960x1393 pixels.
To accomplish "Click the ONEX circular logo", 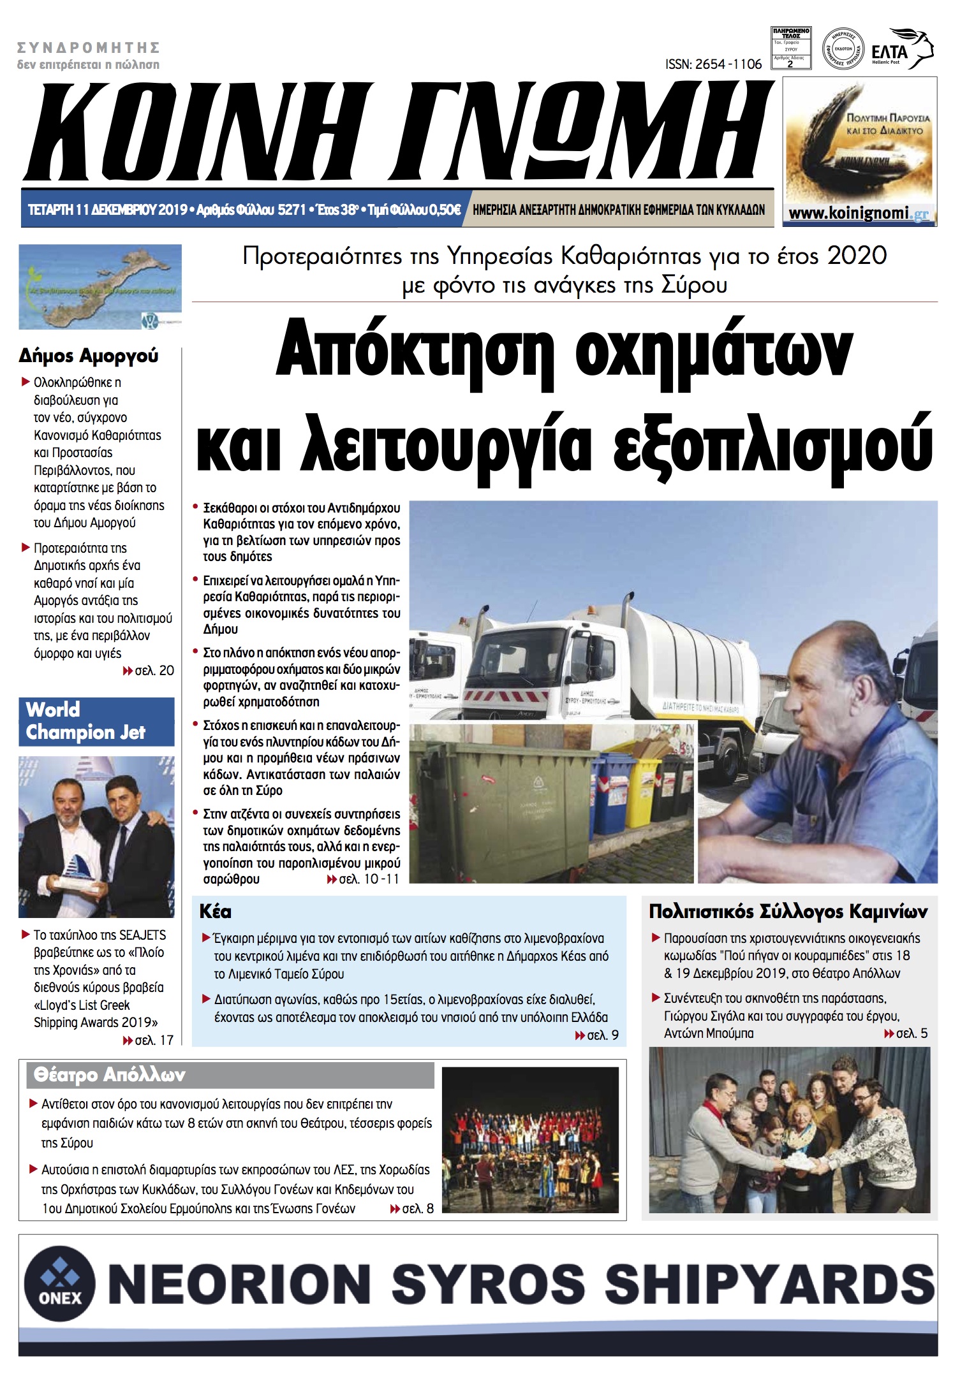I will pos(60,1282).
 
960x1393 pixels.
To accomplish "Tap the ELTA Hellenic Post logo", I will pos(900,49).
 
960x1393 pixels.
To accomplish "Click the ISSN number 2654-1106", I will pos(713,64).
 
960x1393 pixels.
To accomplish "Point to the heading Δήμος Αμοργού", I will pos(88,356).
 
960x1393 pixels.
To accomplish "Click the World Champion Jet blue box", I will pos(96,721).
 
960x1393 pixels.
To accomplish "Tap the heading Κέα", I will pos(216,911).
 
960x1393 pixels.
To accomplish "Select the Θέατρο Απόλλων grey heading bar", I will pos(230,1075).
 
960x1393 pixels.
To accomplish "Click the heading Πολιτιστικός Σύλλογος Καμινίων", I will pos(788,912).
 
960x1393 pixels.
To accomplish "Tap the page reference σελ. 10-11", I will pos(363,879).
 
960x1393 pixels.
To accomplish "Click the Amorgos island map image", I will pos(100,286).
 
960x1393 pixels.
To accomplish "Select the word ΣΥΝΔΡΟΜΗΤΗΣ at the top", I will pos(88,48).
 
